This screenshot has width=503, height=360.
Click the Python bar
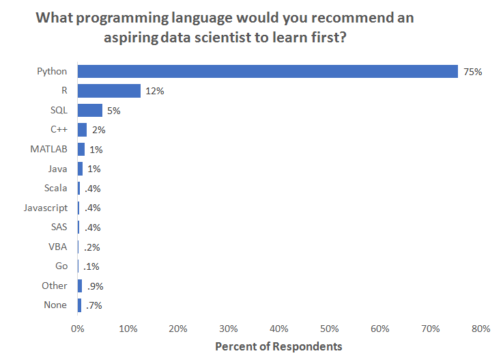268,71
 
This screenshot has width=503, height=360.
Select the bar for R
109,91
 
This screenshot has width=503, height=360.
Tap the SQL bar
90,110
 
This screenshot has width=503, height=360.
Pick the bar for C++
83,130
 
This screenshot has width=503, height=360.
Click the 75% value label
473,72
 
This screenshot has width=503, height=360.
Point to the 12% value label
155,91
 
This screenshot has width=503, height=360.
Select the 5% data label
113,111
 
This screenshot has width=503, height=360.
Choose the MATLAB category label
48,149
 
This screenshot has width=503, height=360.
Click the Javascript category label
45,208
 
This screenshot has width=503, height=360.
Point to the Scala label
55,188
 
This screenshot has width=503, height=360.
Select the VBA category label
58,247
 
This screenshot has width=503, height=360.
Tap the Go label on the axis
61,266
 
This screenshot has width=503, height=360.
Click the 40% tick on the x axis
279,329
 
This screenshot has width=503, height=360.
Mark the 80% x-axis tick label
480,329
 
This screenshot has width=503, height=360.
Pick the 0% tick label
78,329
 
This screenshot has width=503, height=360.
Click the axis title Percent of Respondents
278,346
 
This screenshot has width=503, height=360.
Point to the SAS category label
58,227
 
